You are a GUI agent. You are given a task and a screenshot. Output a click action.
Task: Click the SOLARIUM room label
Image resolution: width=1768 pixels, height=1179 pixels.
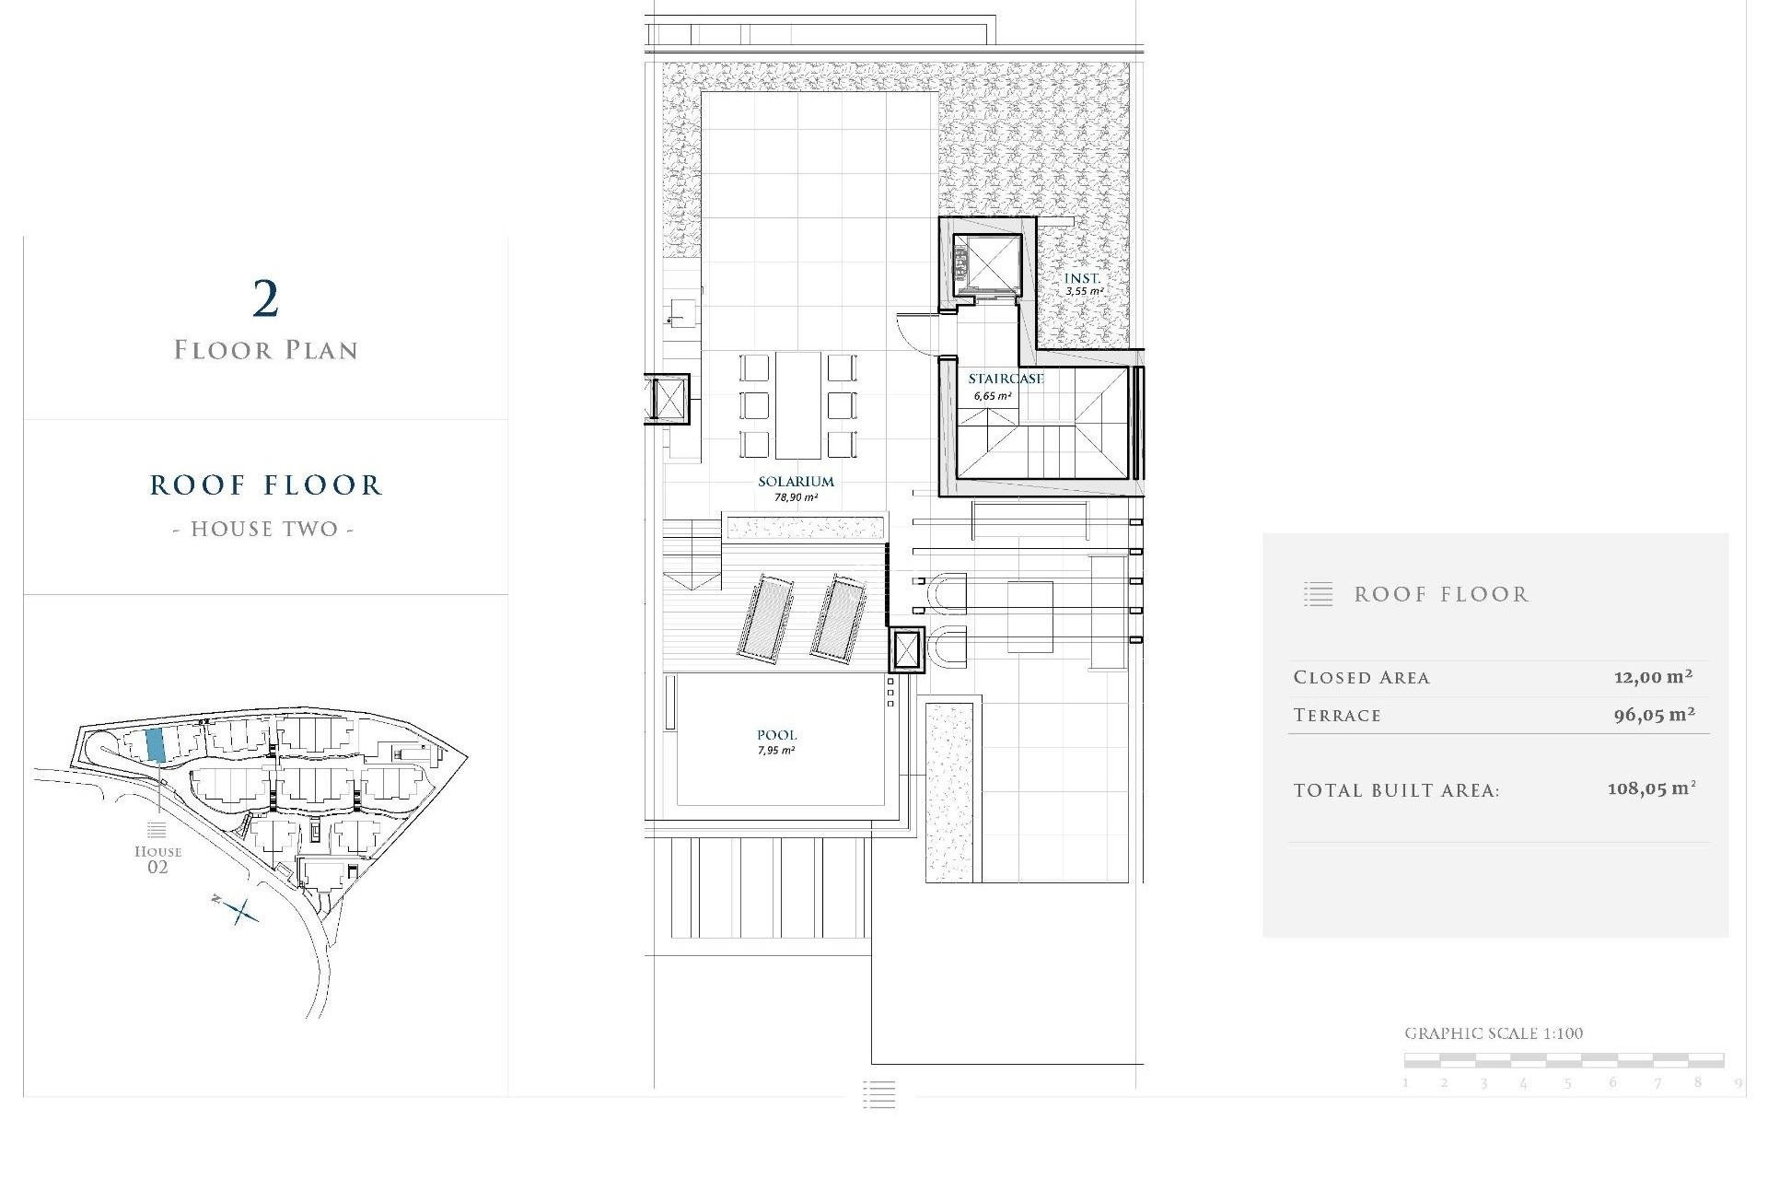(796, 481)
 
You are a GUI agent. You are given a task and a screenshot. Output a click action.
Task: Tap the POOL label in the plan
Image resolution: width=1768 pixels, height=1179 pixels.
(776, 735)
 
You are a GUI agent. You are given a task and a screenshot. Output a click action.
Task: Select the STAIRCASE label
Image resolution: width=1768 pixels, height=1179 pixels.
(1006, 379)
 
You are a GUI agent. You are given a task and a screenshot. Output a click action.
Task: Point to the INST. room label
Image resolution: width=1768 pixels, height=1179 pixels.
(1082, 278)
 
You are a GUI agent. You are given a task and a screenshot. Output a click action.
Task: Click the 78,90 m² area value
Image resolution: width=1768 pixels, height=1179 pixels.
(796, 497)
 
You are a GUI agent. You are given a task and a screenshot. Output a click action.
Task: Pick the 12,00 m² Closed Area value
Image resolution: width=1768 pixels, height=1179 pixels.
(1653, 677)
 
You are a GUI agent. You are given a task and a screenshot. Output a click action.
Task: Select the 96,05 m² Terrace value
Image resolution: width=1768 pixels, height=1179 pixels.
(1654, 714)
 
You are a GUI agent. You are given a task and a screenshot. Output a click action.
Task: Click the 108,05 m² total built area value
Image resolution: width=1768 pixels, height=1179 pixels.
(1651, 788)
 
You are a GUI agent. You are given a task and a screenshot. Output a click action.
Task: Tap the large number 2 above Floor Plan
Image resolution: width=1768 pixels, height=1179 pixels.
(265, 299)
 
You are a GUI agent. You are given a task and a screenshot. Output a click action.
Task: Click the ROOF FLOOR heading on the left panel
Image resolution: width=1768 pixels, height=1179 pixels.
(265, 485)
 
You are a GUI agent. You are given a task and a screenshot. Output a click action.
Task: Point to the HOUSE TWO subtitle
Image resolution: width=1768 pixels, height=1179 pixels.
(263, 529)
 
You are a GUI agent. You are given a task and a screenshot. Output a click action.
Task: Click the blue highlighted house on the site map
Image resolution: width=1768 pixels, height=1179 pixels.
(156, 744)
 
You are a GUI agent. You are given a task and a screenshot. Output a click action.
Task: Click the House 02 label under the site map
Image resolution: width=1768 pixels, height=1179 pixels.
(157, 858)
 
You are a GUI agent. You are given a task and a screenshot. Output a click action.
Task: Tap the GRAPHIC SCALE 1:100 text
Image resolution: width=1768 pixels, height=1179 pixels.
(1493, 1033)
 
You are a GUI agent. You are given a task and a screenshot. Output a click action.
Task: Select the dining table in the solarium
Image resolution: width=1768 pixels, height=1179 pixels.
(797, 404)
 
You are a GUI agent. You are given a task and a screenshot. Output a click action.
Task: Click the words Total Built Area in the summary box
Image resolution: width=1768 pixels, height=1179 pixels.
(1396, 790)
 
